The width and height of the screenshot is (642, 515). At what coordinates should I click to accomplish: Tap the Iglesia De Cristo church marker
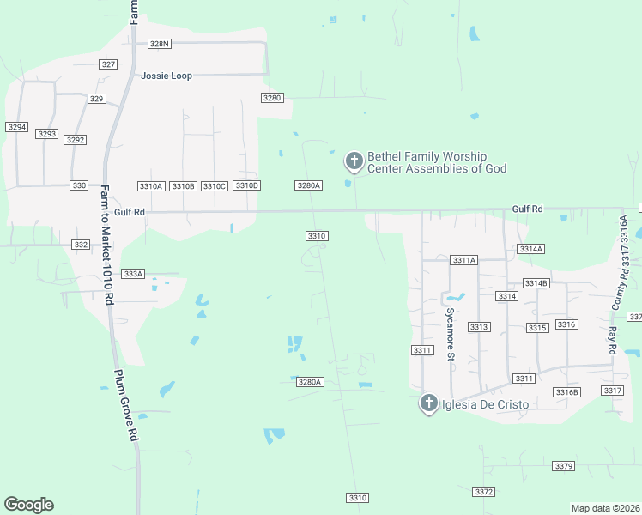[x=429, y=403]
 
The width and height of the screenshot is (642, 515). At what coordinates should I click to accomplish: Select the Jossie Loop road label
[x=167, y=76]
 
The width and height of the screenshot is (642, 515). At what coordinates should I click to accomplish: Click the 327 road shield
[x=108, y=64]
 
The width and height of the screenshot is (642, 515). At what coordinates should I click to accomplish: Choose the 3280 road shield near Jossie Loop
[x=272, y=98]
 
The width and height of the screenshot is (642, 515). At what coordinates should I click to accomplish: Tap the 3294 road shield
[x=16, y=127]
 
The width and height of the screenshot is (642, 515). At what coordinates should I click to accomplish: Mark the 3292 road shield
[x=76, y=140]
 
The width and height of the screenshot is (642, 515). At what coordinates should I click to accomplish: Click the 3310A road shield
[x=150, y=186]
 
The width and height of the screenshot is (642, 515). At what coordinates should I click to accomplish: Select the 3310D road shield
[x=247, y=186]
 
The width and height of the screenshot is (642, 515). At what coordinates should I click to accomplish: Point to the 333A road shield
[x=133, y=274]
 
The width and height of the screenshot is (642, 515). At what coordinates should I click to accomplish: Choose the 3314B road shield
[x=536, y=283]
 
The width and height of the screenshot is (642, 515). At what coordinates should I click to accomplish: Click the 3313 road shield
[x=479, y=327]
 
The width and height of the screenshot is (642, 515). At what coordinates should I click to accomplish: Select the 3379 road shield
[x=563, y=466]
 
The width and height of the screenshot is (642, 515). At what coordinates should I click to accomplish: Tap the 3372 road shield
[x=484, y=492]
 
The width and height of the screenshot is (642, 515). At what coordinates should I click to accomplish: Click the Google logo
[x=28, y=505]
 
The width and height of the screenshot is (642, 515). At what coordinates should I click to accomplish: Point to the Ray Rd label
[x=613, y=342]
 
